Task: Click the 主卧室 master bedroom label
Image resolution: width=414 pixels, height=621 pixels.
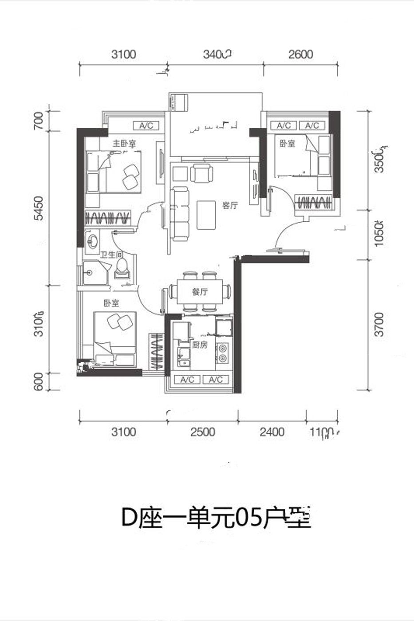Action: pyautogui.click(x=124, y=144)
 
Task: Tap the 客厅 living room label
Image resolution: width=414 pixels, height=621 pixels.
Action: pyautogui.click(x=230, y=205)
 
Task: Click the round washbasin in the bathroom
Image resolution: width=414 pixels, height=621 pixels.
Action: pyautogui.click(x=93, y=242)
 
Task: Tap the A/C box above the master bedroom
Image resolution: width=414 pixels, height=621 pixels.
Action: pyautogui.click(x=146, y=126)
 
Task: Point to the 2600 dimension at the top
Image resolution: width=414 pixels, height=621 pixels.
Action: pyautogui.click(x=300, y=55)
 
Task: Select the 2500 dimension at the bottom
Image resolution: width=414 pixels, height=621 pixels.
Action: pyautogui.click(x=202, y=432)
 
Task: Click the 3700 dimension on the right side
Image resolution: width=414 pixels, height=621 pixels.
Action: pyautogui.click(x=378, y=325)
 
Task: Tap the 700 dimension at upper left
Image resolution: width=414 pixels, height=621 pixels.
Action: pyautogui.click(x=39, y=121)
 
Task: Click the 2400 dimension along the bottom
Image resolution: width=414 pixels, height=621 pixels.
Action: pyautogui.click(x=272, y=432)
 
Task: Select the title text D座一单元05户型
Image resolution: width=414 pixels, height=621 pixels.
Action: pyautogui.click(x=216, y=518)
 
